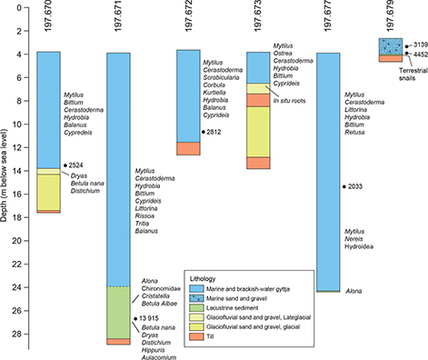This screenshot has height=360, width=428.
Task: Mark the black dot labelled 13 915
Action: click(134, 317)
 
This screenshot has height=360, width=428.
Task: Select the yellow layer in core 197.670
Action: click(49, 191)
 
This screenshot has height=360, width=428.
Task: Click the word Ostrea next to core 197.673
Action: click(285, 54)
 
